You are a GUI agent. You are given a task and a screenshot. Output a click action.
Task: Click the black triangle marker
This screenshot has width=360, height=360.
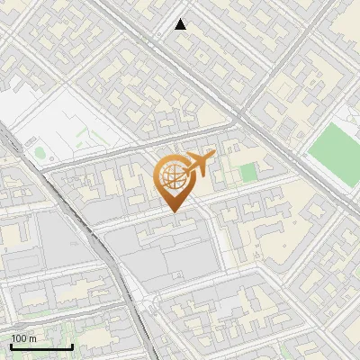[x=181, y=24]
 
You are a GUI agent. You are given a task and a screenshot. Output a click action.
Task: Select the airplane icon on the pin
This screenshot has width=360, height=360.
[x=199, y=164]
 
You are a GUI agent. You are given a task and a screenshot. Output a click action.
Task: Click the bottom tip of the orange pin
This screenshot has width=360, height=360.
[x=174, y=211]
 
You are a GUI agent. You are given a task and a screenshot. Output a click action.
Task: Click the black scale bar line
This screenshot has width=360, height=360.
[x=41, y=346]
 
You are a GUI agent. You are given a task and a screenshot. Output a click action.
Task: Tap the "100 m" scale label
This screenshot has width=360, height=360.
[x=23, y=338]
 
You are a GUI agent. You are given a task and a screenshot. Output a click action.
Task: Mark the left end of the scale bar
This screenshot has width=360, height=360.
[x=11, y=346]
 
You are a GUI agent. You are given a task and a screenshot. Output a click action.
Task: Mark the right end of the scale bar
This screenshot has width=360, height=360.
[x=72, y=346]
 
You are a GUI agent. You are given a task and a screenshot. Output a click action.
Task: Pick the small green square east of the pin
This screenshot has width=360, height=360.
[x=247, y=172]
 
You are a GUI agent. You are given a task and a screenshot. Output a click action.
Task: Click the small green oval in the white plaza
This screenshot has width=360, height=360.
[x=40, y=152]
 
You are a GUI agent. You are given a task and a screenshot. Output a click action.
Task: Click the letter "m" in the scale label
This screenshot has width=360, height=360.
[x=32, y=338]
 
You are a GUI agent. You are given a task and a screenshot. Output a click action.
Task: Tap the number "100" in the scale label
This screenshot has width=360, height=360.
[x=19, y=338]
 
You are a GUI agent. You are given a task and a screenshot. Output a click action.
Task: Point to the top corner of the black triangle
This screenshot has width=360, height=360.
[x=181, y=19]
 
